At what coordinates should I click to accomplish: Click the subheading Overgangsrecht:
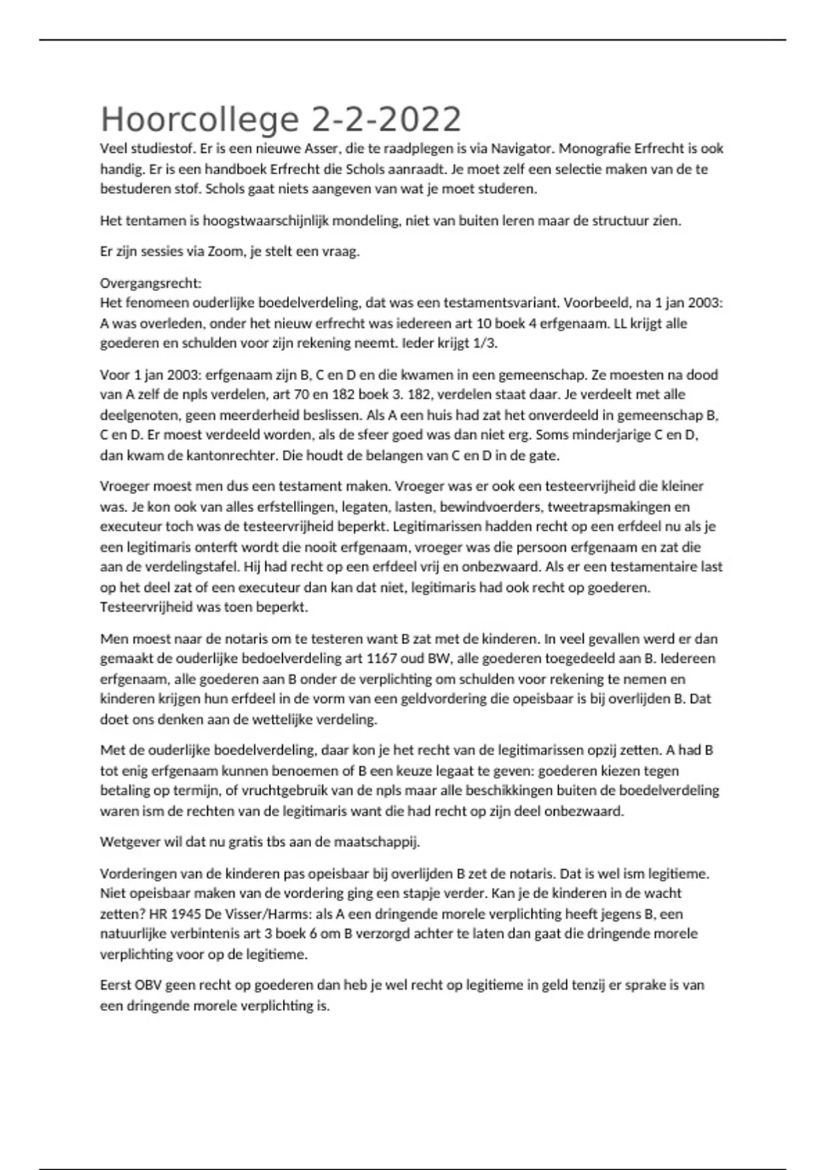[151, 284]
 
